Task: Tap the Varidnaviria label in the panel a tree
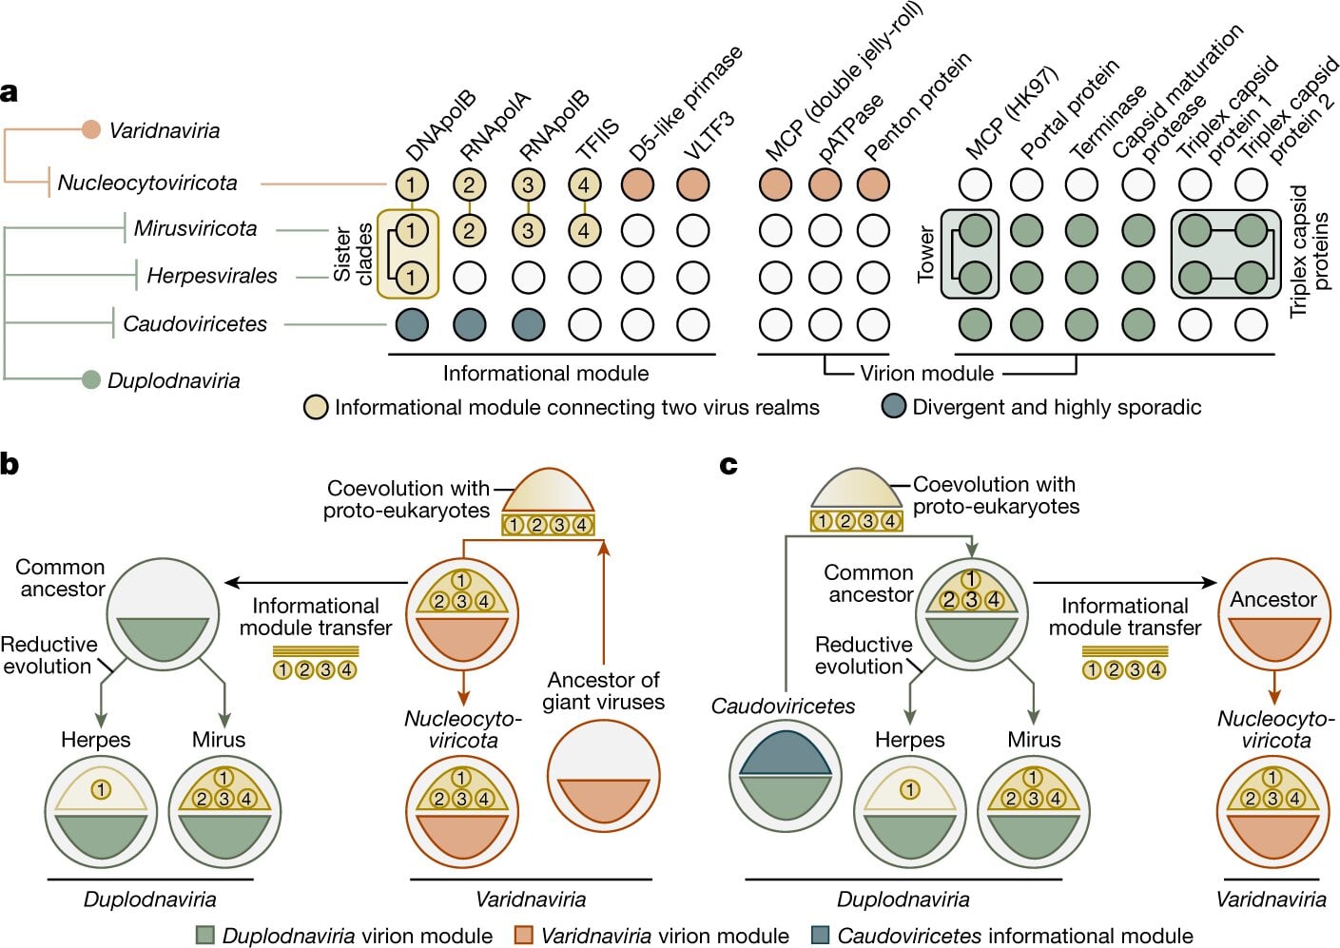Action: click(164, 130)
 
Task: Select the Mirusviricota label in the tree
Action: click(195, 228)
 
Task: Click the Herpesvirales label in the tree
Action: click(211, 276)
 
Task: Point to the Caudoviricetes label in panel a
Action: click(195, 324)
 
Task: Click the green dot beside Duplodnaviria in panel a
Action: click(91, 380)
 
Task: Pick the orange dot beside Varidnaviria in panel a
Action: click(91, 129)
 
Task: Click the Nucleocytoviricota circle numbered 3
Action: click(528, 184)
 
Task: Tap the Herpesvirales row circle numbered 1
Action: click(411, 277)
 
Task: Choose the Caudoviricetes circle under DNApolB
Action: click(411, 324)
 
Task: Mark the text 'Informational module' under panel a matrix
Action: click(546, 374)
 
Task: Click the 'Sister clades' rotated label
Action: click(353, 254)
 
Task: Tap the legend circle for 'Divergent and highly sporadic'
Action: click(894, 407)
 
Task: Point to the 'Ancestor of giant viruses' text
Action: click(603, 691)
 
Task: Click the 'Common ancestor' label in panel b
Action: click(61, 578)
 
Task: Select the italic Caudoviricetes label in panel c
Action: click(783, 706)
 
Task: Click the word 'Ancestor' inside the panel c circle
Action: click(1272, 599)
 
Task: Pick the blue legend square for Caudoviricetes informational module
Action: click(821, 936)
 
